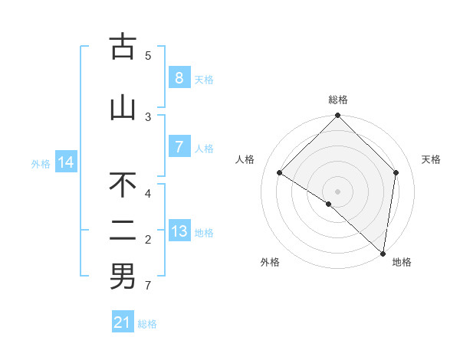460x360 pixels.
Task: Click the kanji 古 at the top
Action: [123, 47]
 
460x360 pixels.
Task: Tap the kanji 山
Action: [123, 108]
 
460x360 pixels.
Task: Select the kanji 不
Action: [123, 185]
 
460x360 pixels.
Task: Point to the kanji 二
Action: [123, 231]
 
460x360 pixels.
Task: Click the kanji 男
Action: [123, 277]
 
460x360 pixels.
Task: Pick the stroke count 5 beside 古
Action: [149, 55]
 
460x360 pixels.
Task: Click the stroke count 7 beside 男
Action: [149, 286]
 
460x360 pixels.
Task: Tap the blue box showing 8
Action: [179, 78]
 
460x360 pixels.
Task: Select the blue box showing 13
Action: [179, 231]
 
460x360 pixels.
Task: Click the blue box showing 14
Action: [66, 162]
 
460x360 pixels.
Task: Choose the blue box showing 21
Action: [123, 322]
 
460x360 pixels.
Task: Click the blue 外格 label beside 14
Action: [41, 163]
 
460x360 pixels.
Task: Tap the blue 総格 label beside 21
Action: [147, 324]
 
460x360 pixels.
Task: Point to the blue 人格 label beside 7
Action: [204, 148]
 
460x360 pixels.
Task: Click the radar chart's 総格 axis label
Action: [338, 100]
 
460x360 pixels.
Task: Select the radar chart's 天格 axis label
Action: [432, 159]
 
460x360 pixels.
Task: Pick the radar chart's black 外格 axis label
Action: [270, 262]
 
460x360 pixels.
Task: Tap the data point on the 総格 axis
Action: [338, 116]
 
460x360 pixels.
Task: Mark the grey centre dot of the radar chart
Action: [338, 191]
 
